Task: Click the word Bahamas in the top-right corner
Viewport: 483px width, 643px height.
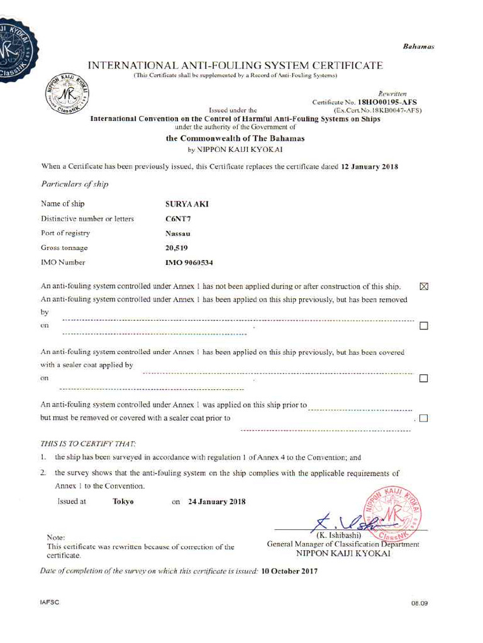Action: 418,47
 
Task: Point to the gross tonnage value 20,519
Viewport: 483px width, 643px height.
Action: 177,248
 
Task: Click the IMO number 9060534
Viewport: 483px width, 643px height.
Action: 189,262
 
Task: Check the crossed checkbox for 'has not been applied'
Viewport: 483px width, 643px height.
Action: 423,287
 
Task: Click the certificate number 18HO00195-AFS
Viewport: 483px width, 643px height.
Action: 387,102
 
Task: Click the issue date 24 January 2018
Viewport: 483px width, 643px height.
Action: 217,502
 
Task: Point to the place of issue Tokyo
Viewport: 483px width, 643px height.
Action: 123,502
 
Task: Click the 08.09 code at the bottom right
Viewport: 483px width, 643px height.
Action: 419,603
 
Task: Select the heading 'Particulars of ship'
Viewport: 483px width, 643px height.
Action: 74,185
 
